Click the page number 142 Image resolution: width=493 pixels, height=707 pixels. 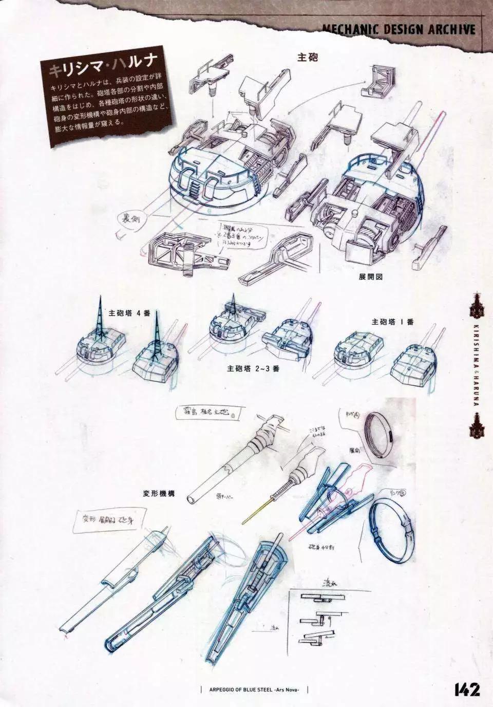466,689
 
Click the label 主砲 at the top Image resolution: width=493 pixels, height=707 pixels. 308,57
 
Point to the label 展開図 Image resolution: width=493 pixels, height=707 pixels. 371,276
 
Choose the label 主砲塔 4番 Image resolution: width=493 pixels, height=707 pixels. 129,313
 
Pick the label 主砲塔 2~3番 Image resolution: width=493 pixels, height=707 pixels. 253,368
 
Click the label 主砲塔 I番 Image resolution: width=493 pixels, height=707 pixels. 392,322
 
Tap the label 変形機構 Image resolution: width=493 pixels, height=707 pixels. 159,493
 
